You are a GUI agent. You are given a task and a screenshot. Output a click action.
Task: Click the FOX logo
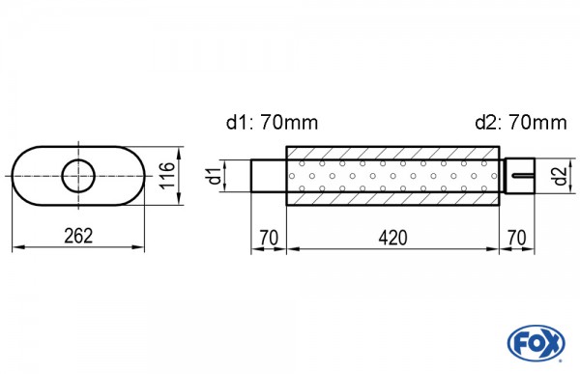point(536,343)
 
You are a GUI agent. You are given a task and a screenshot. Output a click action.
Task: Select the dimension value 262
point(78,236)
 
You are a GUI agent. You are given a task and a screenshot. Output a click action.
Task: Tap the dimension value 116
point(168,175)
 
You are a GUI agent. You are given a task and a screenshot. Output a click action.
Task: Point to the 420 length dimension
point(392,238)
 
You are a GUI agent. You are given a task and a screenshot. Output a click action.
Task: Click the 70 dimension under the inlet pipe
point(269,238)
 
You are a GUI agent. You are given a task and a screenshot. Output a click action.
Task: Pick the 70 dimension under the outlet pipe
point(517,238)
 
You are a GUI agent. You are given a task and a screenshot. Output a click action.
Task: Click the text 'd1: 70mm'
point(272,122)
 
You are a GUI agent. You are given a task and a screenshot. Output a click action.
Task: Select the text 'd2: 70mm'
point(521,122)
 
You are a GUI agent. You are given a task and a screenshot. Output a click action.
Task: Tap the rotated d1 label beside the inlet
point(215,176)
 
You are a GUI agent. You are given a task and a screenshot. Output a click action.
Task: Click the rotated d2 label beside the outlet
point(561,176)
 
